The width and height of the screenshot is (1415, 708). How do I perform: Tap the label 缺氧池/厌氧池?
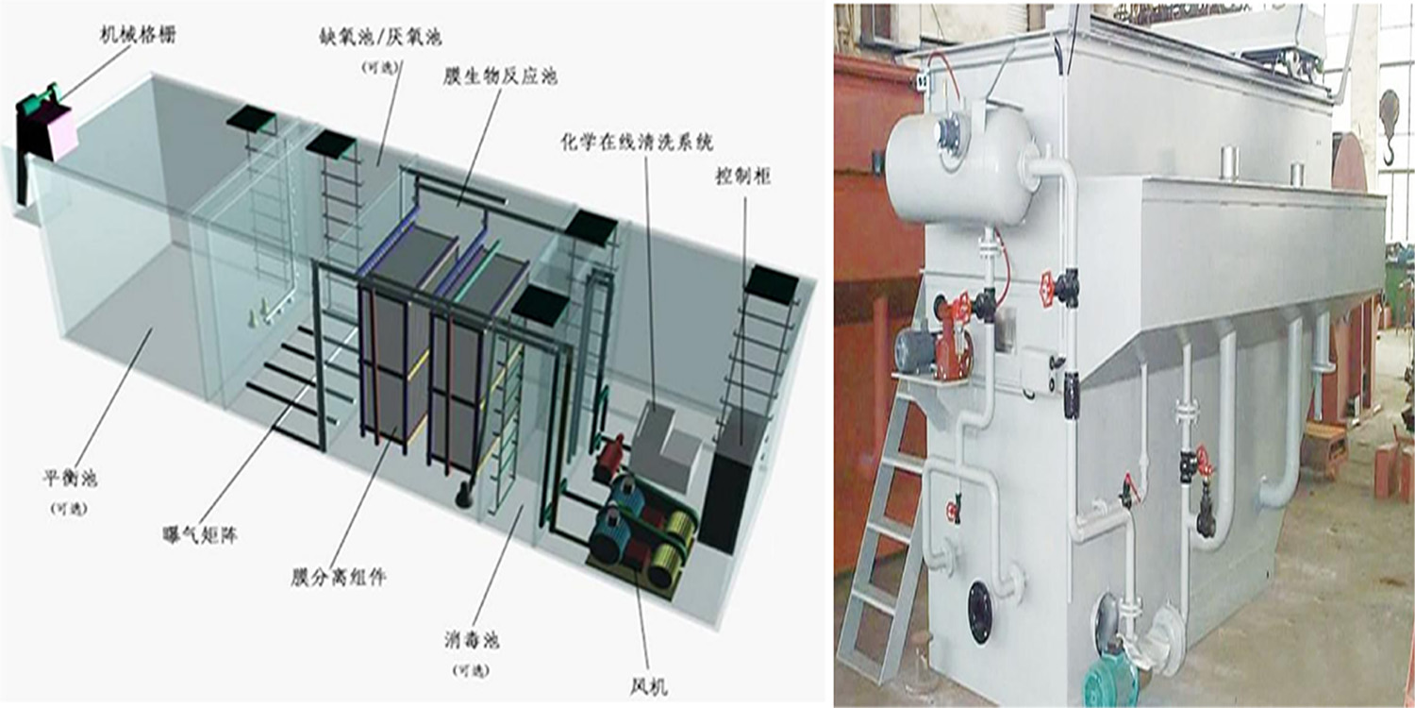380,37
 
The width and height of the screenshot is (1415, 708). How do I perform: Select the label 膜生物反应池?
500,75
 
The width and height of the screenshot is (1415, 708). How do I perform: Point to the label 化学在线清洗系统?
635,143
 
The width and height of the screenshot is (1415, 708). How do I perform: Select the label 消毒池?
473,641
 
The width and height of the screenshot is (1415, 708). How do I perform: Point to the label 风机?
652,686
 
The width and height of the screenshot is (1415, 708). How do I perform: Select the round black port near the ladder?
981,600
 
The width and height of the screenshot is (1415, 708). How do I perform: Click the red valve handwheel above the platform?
1045,283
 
